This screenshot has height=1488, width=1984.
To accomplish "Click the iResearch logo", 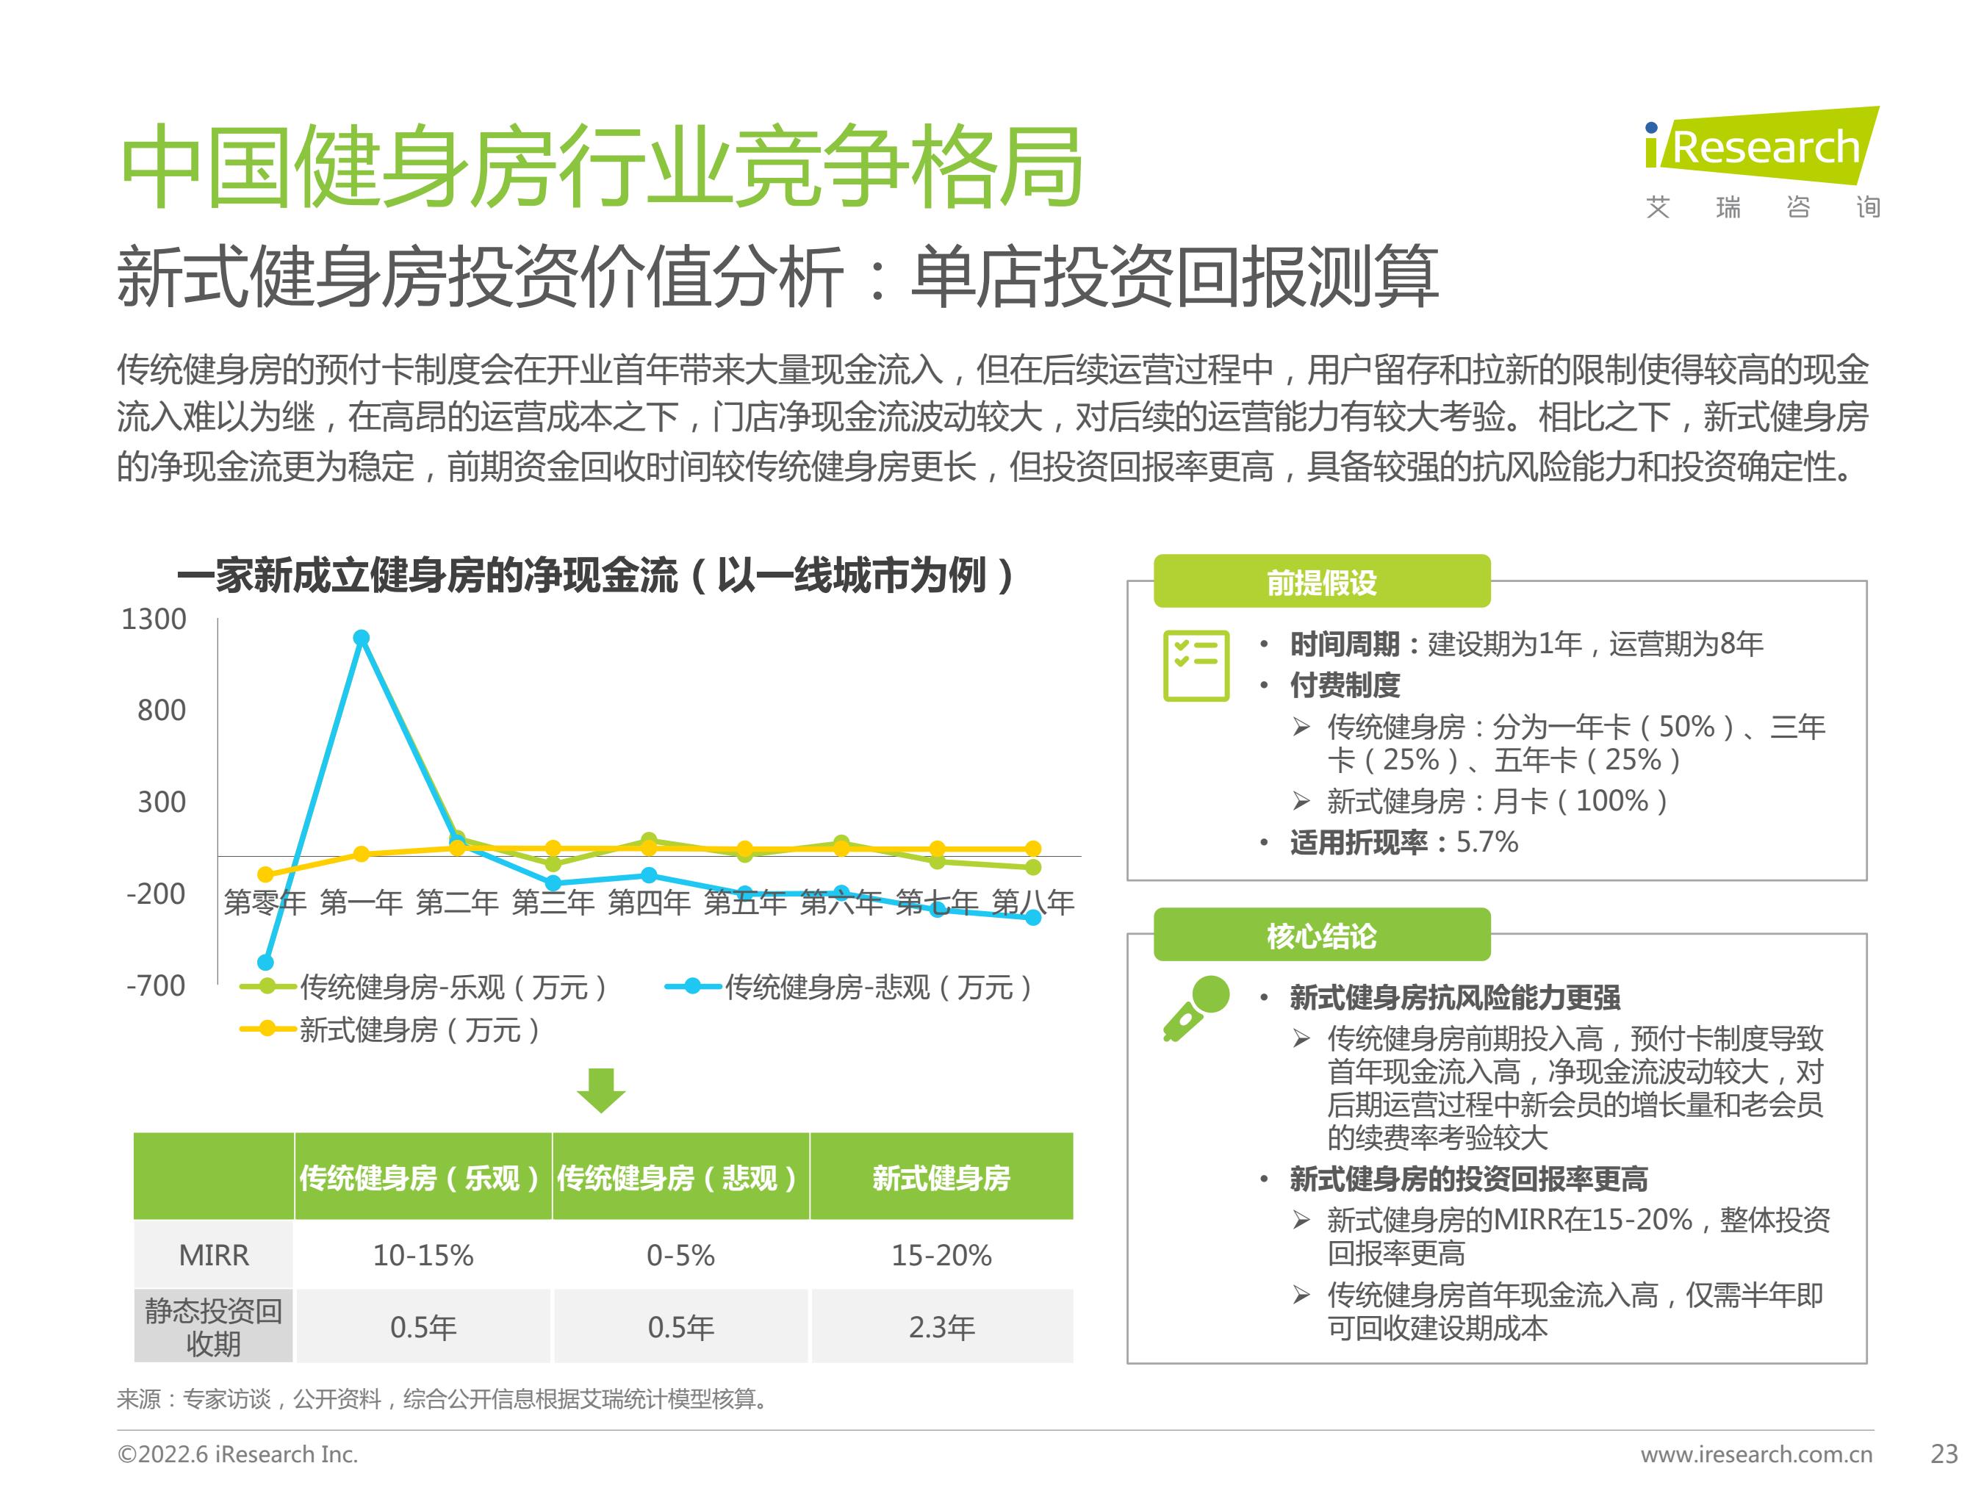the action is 1761,162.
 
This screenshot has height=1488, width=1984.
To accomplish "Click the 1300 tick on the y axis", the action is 154,619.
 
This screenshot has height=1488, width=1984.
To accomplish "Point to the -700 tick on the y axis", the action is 156,985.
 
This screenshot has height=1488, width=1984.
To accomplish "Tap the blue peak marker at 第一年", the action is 361,638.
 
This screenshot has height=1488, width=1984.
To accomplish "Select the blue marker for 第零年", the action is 265,963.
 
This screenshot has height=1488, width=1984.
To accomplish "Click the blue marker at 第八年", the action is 1032,916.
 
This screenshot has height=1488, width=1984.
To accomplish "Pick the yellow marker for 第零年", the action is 265,874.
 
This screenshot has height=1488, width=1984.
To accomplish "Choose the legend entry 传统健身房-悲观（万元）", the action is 849,987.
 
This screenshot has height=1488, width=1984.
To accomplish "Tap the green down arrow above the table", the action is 600,1090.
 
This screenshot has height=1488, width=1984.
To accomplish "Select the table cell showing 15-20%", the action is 942,1255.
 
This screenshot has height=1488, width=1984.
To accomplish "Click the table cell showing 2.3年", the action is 942,1326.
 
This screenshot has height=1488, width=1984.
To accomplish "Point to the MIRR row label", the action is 214,1255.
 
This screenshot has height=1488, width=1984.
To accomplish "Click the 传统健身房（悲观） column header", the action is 680,1176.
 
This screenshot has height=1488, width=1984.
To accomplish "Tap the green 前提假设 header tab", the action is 1321,582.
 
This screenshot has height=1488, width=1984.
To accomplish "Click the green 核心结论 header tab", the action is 1321,935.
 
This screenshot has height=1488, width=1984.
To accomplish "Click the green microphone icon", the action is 1196,1008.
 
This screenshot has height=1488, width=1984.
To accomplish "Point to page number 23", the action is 1944,1454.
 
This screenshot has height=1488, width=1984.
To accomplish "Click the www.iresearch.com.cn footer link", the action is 1756,1454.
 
